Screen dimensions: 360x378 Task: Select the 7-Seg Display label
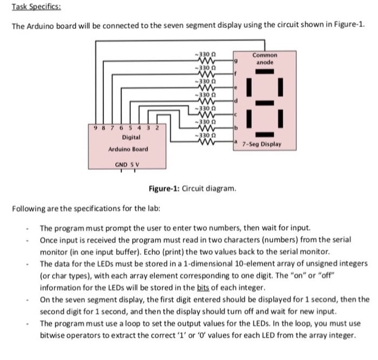(262, 145)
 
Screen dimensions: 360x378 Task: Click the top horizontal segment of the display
(265, 71)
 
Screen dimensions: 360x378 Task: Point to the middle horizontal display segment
(265, 103)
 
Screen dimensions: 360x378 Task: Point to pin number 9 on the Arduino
(96, 127)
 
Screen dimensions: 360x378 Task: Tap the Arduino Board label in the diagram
(128, 149)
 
